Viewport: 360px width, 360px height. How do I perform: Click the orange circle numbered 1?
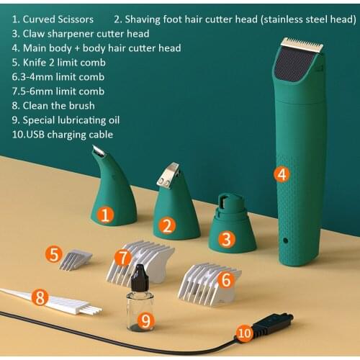pos(106,214)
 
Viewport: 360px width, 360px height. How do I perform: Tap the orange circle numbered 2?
pos(168,226)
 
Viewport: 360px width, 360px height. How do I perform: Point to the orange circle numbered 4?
pos(282,174)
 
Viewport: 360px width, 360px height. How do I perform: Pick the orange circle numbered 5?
pos(53,254)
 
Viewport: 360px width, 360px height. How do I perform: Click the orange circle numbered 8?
pos(40,296)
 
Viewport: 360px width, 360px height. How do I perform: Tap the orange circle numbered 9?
pos(145,318)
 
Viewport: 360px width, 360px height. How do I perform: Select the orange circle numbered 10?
pos(246,333)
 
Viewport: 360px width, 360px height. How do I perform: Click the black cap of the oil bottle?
pos(140,274)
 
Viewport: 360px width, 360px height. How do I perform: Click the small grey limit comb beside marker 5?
pos(76,258)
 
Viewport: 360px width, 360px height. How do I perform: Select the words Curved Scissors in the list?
pos(58,19)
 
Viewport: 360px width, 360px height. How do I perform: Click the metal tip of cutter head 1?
pos(99,152)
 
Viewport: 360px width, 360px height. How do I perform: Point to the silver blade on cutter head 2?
pos(168,174)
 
